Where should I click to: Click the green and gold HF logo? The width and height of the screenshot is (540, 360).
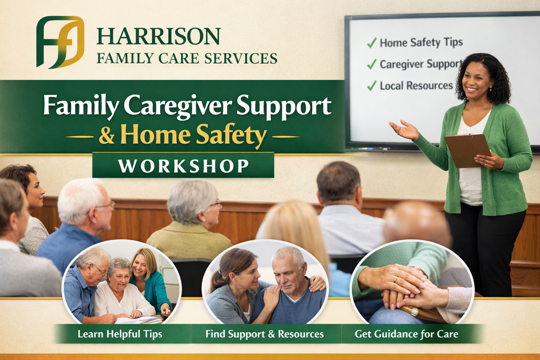tap(60, 42)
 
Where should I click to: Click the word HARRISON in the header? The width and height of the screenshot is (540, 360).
tap(158, 37)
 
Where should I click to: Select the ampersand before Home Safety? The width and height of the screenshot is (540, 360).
tap(107, 135)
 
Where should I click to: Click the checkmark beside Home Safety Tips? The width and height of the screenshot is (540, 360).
tap(372, 43)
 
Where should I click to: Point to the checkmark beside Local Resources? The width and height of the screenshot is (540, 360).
tap(372, 86)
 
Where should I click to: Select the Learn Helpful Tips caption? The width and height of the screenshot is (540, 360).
tap(120, 334)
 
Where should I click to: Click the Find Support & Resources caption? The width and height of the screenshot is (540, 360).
tap(264, 334)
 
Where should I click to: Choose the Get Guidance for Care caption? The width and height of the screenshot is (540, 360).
tap(406, 334)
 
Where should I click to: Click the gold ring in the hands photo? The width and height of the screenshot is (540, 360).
tap(396, 280)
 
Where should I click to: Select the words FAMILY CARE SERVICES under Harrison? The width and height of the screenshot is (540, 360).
tap(187, 58)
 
